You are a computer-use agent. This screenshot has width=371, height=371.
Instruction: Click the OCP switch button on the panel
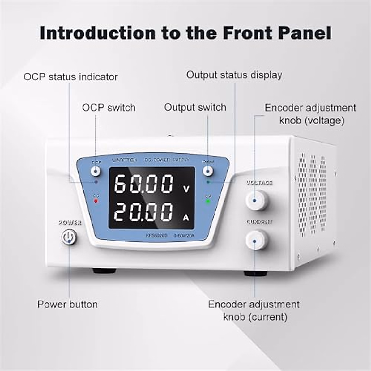tap(96, 171)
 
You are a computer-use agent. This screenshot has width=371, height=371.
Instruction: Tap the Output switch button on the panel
tap(208, 171)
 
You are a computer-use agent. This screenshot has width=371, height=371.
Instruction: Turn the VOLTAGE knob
tap(257, 200)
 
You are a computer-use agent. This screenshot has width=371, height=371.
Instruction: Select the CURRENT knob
tap(256, 240)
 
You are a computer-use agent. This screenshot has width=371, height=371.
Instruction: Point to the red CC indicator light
tap(96, 201)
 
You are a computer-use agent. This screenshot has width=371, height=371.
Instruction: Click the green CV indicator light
tap(208, 201)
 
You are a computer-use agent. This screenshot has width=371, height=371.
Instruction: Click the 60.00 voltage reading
tap(144, 184)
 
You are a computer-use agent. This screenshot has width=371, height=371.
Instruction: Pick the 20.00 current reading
tap(144, 212)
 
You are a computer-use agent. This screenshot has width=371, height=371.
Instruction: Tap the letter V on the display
tap(186, 189)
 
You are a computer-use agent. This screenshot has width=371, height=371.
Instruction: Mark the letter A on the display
tap(186, 218)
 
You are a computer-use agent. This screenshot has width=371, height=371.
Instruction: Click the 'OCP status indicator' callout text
tap(70, 77)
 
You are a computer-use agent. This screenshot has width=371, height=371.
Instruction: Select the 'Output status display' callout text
tap(234, 75)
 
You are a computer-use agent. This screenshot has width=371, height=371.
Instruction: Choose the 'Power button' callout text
tap(67, 304)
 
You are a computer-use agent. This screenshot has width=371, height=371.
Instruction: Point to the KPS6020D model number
tap(156, 236)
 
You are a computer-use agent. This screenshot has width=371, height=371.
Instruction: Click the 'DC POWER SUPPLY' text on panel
tap(167, 160)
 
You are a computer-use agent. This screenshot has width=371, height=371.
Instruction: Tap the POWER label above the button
tap(70, 223)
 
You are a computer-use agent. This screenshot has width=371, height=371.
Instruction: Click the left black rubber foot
tap(105, 271)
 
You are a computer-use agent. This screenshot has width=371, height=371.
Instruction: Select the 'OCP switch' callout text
tap(109, 108)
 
